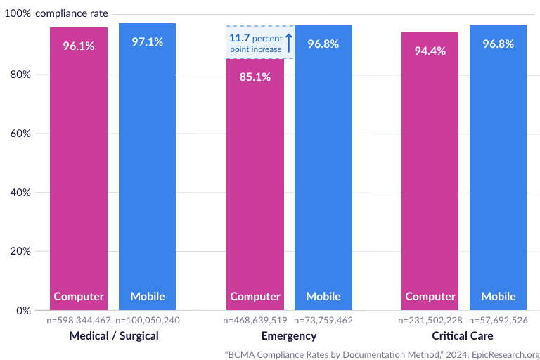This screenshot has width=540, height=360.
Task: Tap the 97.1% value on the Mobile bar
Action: [x=148, y=41]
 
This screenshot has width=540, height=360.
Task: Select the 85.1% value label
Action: [x=255, y=77]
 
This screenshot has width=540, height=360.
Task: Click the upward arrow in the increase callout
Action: [x=289, y=42]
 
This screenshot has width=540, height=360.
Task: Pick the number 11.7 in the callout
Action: [x=239, y=37]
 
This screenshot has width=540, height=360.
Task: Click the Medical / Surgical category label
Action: [x=114, y=335]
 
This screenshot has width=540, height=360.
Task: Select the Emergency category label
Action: [x=289, y=335]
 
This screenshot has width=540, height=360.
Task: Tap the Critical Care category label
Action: [x=463, y=335]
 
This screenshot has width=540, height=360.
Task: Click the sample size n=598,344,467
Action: [x=79, y=321]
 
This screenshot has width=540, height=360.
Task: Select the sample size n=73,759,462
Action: [x=323, y=321]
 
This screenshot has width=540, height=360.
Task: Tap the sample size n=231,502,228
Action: [x=430, y=321]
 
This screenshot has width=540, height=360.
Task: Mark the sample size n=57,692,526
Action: [x=499, y=321]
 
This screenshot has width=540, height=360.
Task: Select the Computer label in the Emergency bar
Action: [x=255, y=296]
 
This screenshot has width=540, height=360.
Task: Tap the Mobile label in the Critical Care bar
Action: [x=499, y=296]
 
